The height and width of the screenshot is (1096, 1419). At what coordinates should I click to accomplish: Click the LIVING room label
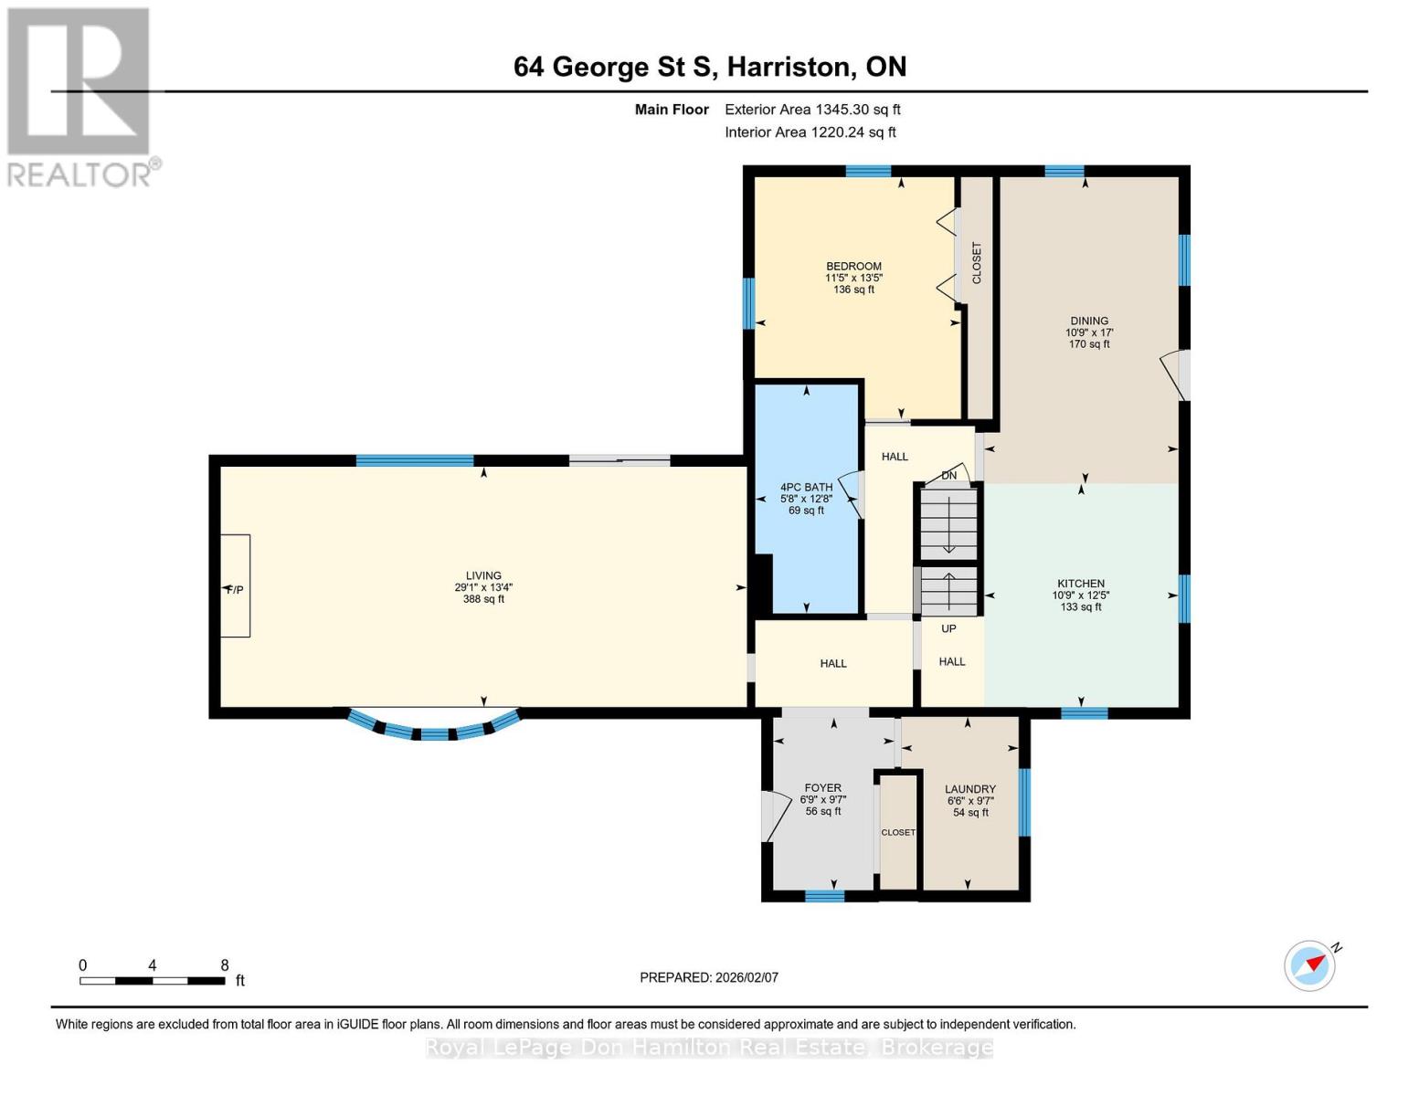coord(483,576)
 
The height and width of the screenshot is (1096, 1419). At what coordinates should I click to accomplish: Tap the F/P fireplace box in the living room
coord(235,586)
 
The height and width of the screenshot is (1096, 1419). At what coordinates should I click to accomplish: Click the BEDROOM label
coord(853,267)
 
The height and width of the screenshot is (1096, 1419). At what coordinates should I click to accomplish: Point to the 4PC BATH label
coord(806,488)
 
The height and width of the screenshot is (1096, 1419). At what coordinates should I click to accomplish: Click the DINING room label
coord(1089,321)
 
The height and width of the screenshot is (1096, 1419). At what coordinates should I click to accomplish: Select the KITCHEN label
coord(1081,584)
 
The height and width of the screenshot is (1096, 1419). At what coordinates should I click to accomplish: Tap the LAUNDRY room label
coord(970,789)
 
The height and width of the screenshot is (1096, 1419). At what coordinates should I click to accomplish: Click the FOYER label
coord(822,788)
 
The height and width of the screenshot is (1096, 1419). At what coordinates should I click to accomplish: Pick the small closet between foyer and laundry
coord(898,832)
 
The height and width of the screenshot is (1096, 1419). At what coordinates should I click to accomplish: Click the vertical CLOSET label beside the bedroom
coord(977,263)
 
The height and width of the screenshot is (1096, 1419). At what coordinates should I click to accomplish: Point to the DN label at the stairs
coord(949,475)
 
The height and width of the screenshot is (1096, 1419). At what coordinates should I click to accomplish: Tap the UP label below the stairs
coord(948,628)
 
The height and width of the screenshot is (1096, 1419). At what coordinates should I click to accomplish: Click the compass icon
coord(1310,965)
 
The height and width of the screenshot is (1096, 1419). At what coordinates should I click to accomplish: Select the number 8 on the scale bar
coord(225,965)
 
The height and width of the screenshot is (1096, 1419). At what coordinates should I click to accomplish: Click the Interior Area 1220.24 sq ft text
coord(810,132)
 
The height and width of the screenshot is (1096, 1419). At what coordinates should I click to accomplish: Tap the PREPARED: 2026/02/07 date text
coord(709,977)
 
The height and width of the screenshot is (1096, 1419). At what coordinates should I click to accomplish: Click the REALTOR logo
coord(80,96)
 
